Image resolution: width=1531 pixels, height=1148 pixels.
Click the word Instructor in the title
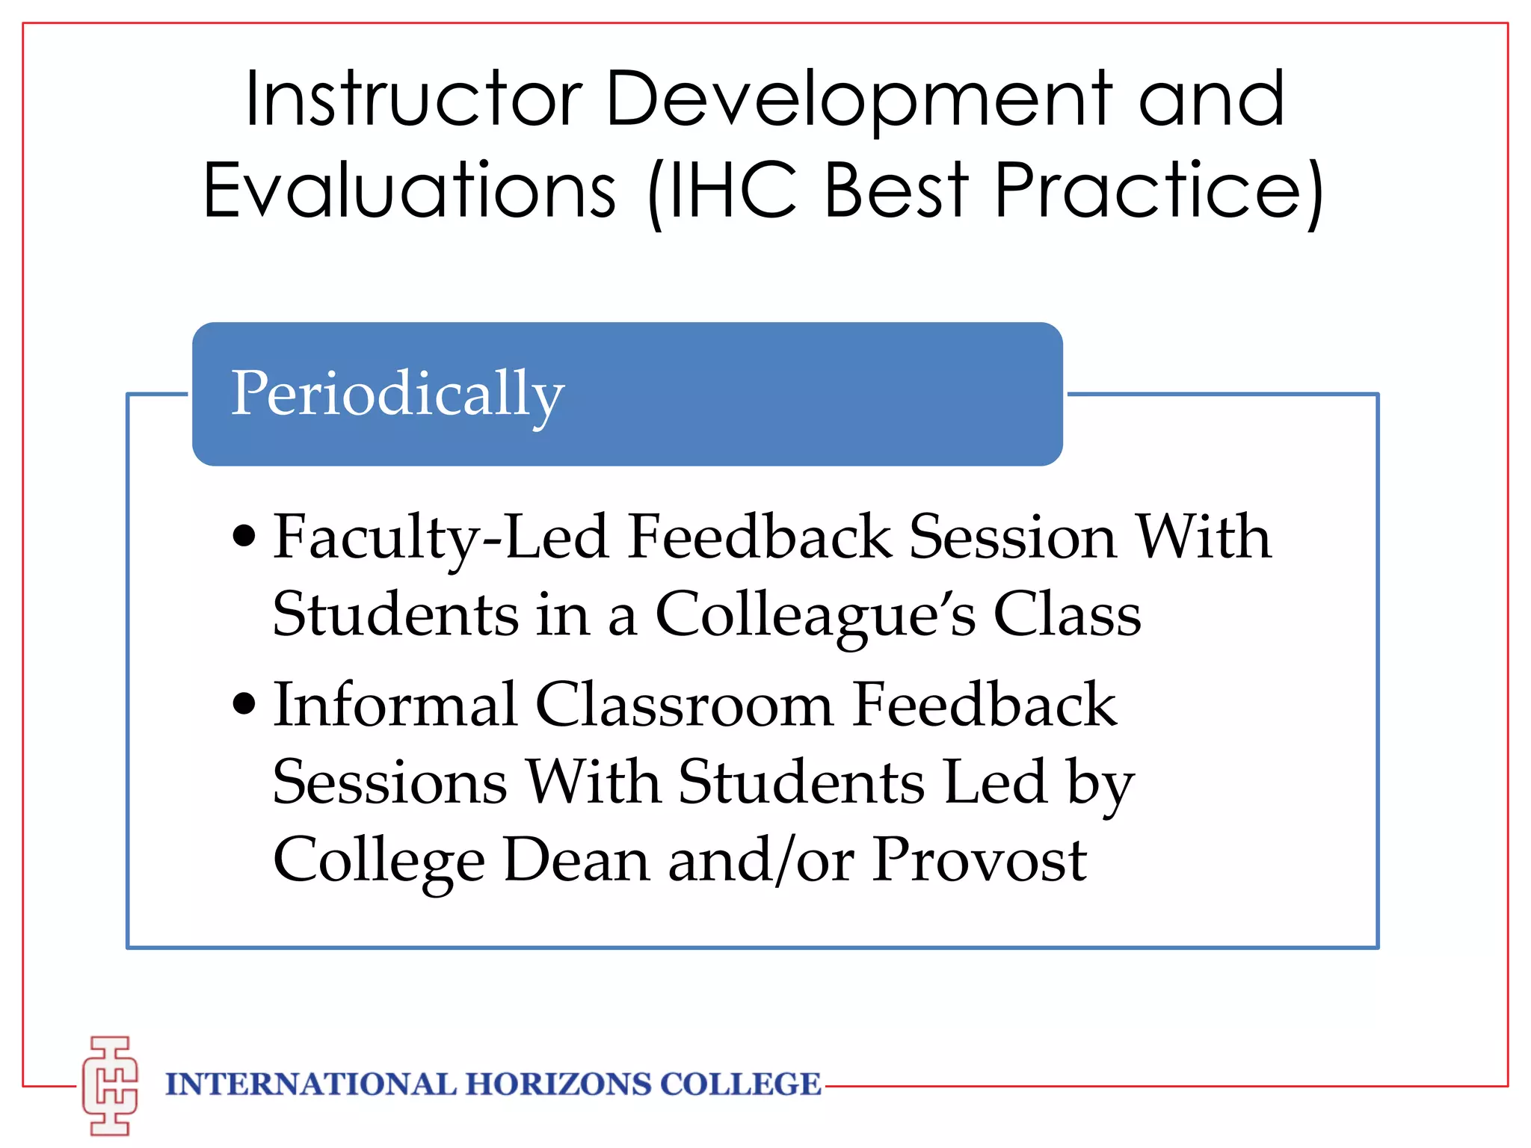413,99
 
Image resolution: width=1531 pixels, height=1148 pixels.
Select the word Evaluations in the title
410,191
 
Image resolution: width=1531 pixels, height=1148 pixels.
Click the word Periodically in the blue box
397,394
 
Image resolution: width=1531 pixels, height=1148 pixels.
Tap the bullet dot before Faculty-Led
244,537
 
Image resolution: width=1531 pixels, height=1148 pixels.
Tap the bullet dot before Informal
244,704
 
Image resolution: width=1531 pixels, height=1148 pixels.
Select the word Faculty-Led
440,537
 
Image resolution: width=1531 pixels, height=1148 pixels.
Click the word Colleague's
816,614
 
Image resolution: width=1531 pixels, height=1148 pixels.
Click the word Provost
979,860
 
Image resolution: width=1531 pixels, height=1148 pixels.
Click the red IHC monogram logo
111,1085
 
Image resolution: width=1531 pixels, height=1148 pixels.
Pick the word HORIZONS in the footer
558,1084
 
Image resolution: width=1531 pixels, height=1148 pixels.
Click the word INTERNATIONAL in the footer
310,1084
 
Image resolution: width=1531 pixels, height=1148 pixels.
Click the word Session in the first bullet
1013,537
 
